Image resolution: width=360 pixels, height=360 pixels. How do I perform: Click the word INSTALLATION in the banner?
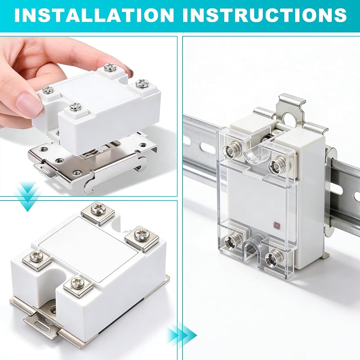94,15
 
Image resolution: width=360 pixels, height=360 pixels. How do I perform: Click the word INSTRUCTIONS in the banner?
264,15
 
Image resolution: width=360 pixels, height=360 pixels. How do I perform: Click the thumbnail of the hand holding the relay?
89,116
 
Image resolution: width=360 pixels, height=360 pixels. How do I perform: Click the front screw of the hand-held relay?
76,106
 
